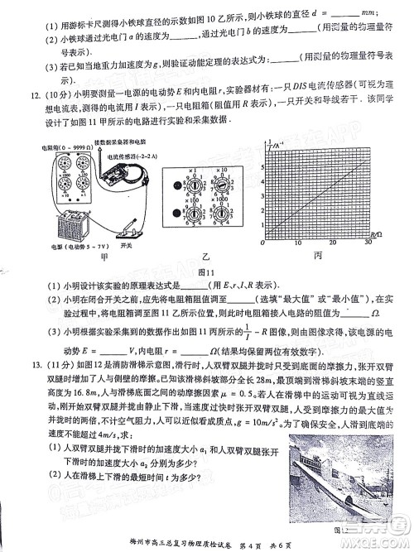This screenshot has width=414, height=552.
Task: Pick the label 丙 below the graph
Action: (317, 257)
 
